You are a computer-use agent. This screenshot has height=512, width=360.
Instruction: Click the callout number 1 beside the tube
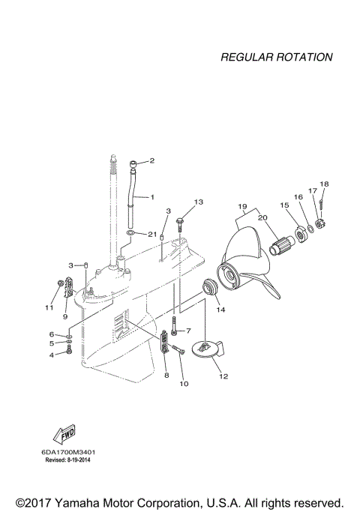(151, 197)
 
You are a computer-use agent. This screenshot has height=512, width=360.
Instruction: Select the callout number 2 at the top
(151, 160)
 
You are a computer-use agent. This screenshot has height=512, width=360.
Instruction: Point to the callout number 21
(152, 234)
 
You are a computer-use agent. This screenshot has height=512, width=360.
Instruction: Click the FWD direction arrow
(64, 435)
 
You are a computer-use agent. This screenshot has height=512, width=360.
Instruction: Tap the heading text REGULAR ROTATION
(277, 57)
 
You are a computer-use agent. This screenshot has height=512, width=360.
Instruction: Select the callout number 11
(49, 307)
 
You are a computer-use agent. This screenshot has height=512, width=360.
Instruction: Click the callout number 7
(189, 331)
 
